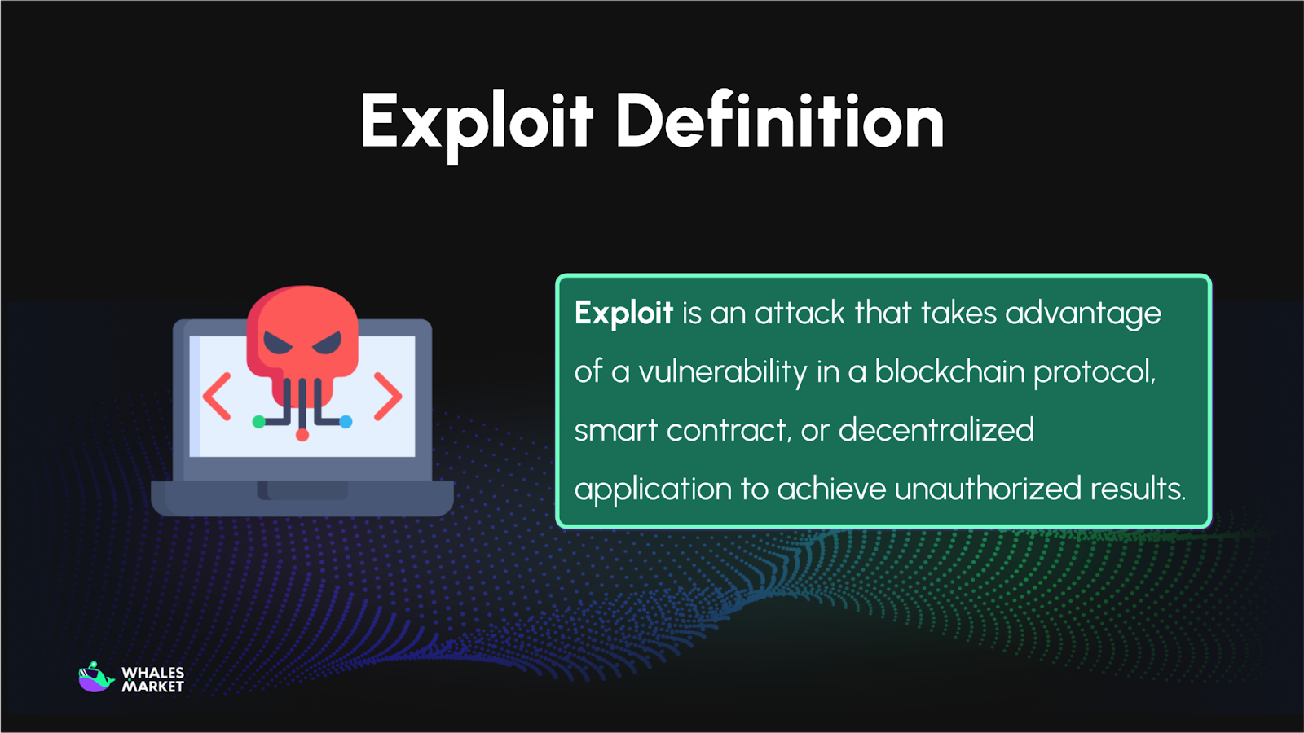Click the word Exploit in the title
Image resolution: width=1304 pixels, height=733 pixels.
coord(477,122)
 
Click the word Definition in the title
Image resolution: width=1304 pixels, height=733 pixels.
coord(779,122)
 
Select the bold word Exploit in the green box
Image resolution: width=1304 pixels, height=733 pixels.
coord(623,313)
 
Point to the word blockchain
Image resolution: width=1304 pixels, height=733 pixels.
coord(949,371)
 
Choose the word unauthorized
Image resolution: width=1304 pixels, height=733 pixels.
coord(988,489)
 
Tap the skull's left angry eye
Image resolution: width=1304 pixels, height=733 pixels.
coord(279,343)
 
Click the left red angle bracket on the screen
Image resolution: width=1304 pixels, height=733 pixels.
coord(217,397)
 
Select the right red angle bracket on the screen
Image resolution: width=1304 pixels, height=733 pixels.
coord(388,397)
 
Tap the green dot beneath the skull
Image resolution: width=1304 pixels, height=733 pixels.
coord(258,422)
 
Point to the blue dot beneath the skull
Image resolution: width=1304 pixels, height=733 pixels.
coord(346,422)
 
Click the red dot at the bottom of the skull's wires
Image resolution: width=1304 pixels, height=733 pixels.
coord(302,436)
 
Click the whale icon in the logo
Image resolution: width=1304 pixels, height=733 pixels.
coord(95,678)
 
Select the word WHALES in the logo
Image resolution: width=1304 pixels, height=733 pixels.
coord(152,673)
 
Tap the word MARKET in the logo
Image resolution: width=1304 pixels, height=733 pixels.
coord(152,687)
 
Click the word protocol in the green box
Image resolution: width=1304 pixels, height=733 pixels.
coord(1094,373)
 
